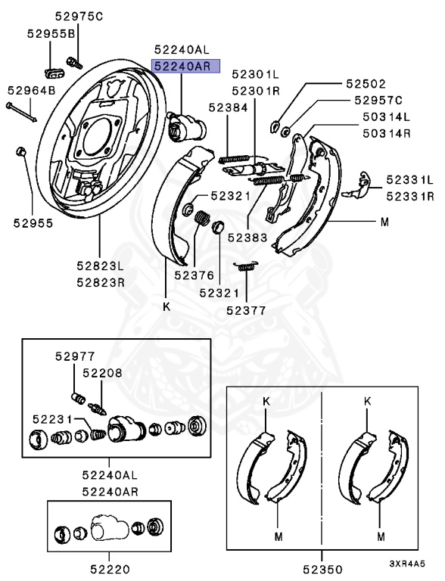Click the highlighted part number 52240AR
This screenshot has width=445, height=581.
[182, 67]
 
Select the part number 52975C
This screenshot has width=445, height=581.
[79, 17]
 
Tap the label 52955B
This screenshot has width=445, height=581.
[51, 34]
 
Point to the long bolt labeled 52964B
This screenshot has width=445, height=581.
[21, 112]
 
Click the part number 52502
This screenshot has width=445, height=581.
[366, 84]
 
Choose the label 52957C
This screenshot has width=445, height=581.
[378, 100]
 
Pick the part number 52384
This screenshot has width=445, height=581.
[228, 107]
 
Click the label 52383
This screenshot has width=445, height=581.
[247, 238]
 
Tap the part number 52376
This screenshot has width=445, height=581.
[194, 275]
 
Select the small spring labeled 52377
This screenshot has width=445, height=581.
[245, 266]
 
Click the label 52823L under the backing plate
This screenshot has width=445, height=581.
[101, 266]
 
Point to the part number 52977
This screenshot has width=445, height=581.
[75, 356]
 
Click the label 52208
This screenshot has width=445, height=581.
[102, 373]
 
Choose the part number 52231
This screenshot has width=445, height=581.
[52, 419]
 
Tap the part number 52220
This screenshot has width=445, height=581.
[110, 569]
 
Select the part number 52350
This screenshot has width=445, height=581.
[322, 569]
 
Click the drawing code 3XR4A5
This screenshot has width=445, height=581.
[407, 564]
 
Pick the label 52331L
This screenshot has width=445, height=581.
[409, 180]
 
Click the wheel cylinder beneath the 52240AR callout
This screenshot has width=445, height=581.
[185, 126]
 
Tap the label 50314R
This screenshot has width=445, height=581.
[387, 133]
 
